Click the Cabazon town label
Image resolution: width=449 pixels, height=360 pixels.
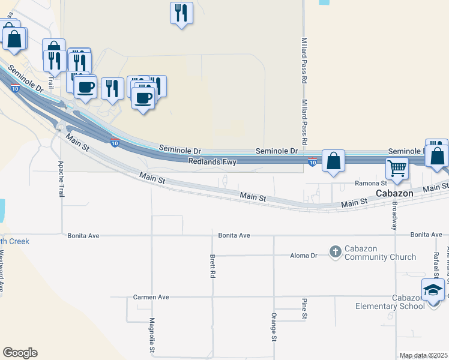point(393,193)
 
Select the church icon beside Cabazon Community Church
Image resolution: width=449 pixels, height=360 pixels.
point(336,253)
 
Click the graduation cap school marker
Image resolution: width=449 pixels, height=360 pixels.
point(432,290)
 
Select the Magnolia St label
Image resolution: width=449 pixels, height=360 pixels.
point(152,352)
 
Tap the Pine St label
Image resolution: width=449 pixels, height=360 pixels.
point(304,308)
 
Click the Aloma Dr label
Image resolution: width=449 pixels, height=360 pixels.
point(305,256)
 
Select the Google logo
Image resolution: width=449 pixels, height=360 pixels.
point(20,353)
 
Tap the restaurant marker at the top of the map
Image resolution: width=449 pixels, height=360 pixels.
point(181,13)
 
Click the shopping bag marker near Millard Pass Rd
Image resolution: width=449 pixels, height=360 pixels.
point(333,161)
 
